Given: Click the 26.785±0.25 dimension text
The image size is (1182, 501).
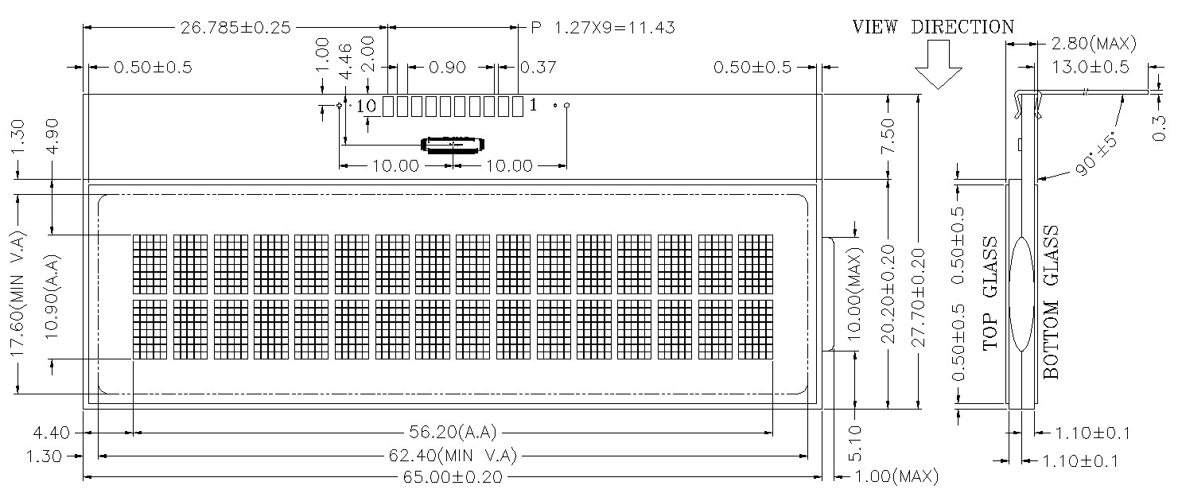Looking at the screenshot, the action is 235,27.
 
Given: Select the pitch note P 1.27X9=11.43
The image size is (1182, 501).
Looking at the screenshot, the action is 602,27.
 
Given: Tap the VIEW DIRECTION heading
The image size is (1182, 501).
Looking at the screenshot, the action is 933,27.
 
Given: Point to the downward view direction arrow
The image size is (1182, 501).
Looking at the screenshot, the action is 938,64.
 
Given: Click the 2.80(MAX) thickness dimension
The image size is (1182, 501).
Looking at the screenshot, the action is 1094,43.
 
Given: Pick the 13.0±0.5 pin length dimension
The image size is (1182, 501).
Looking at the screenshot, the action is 1091,67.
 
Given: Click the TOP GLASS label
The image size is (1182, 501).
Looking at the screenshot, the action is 990,293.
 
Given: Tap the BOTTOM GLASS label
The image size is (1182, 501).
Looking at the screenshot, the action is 1051,302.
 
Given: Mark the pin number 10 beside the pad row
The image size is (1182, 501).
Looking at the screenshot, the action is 366,107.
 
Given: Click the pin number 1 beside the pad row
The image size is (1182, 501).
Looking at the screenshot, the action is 533,106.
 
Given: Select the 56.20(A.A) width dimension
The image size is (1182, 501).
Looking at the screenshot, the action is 453,433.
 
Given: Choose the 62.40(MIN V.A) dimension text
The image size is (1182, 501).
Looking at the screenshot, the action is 453,455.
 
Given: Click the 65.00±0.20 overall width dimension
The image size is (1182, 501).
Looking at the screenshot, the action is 453,477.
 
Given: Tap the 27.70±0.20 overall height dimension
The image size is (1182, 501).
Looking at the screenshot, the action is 919,297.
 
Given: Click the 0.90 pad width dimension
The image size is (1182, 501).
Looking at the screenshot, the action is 447,68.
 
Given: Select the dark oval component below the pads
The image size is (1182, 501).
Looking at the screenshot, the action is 453,145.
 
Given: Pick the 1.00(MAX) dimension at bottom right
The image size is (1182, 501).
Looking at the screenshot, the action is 896,476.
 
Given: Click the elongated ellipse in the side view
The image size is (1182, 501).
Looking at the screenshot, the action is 1022,294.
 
